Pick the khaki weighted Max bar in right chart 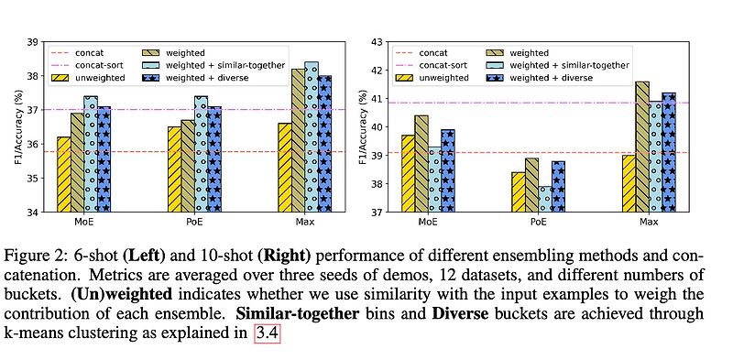coord(641,147)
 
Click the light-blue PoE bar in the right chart coord(547,200)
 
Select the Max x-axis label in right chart coord(648,223)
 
